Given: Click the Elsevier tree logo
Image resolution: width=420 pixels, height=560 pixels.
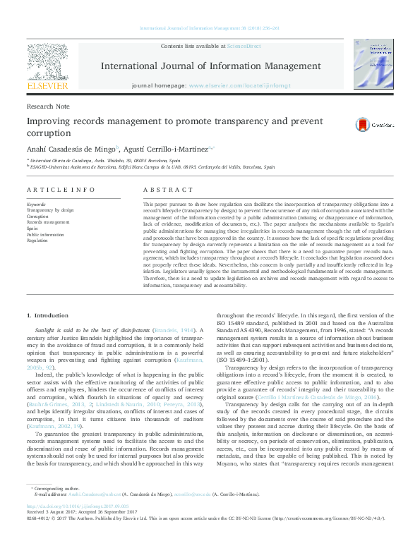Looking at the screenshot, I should (47, 61).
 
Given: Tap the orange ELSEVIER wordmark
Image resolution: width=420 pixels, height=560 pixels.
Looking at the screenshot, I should (47, 85).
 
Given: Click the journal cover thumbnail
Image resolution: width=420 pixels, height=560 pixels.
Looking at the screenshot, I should (373, 65).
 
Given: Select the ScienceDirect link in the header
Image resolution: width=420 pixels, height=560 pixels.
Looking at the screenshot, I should (241, 46).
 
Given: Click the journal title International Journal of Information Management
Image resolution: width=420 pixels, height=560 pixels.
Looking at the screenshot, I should (211, 66).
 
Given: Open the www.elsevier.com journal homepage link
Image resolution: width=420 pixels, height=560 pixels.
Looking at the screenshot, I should (239, 85).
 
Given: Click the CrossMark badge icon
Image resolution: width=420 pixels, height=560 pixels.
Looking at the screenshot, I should (361, 125).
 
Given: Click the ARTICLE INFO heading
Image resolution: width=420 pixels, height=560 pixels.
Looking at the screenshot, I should (60, 190).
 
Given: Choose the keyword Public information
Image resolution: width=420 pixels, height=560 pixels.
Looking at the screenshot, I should (44, 233).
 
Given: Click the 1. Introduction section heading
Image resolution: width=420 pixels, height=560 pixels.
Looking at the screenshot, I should (47, 315).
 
